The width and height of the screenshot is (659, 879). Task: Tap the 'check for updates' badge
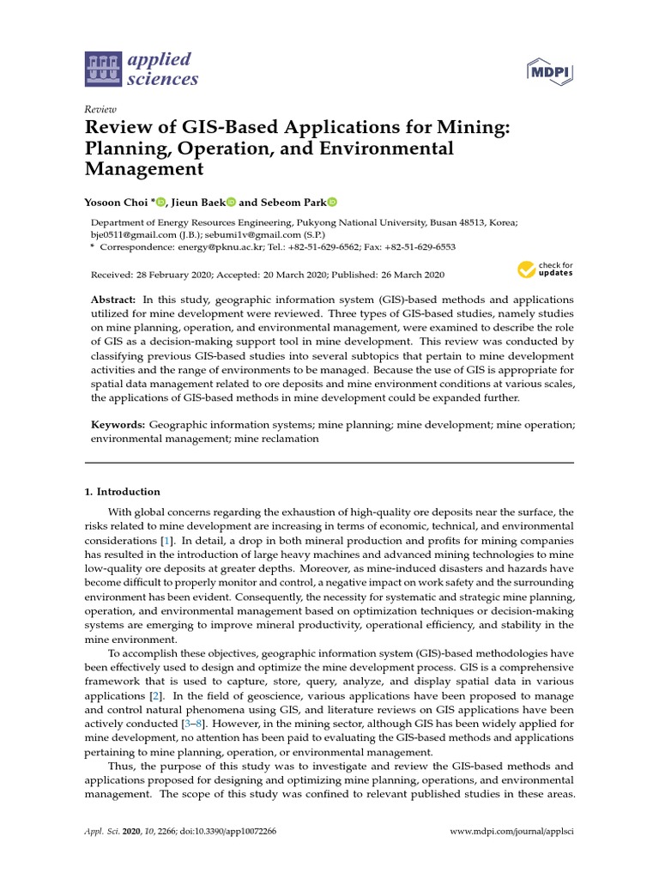545,270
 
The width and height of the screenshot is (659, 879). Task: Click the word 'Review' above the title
100,109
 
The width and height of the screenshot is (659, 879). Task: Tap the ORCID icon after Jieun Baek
231,202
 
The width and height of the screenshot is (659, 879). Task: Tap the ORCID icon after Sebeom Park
332,202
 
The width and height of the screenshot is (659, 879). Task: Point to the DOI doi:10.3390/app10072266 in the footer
233,833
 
